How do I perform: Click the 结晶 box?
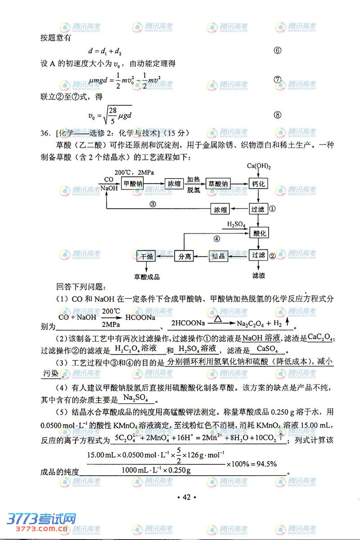218,256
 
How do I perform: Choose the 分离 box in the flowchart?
185,256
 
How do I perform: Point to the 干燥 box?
147,256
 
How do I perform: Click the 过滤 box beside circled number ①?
258,209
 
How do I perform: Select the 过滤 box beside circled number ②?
258,255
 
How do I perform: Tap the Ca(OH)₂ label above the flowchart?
259,166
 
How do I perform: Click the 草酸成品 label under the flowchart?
147,277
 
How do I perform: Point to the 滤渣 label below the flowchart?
259,274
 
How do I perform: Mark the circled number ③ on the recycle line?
153,204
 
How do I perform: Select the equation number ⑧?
278,115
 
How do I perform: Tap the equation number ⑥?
278,50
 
